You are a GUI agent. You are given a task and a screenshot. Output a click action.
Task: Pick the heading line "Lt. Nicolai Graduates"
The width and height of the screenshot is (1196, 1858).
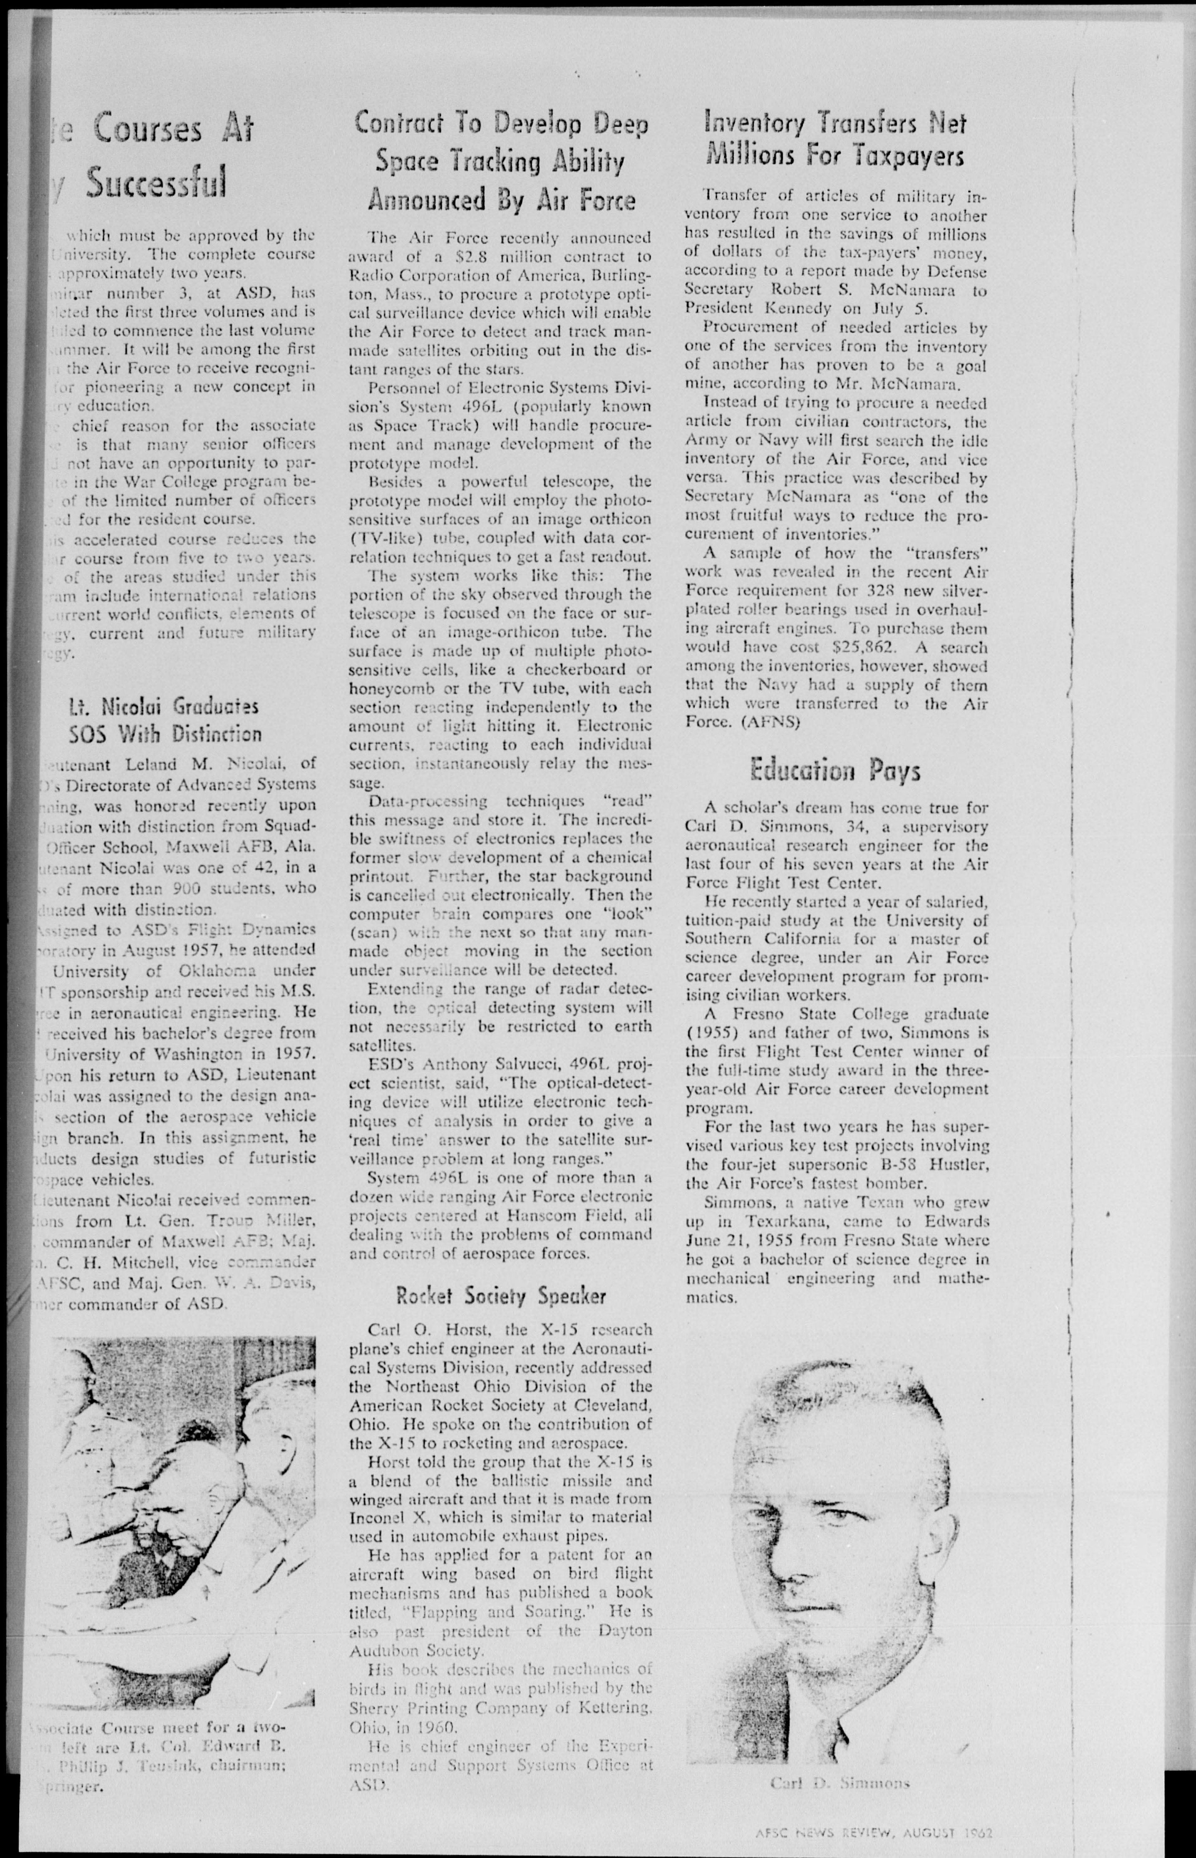(x=163, y=707)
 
